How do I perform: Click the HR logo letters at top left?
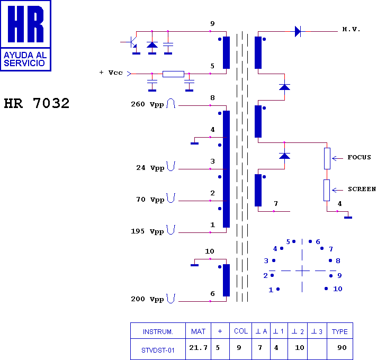pyautogui.click(x=25, y=24)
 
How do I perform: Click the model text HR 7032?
pyautogui.click(x=37, y=103)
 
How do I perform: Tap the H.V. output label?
pyautogui.click(x=351, y=30)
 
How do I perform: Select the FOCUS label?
pyautogui.click(x=359, y=157)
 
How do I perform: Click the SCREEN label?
pyautogui.click(x=362, y=189)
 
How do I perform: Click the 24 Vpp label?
pyautogui.click(x=150, y=168)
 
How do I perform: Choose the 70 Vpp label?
pyautogui.click(x=150, y=200)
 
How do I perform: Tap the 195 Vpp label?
pyautogui.click(x=148, y=231)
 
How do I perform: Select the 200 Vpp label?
pyautogui.click(x=148, y=299)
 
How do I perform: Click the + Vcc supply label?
pyautogui.click(x=111, y=73)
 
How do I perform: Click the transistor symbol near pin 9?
pyautogui.click(x=132, y=42)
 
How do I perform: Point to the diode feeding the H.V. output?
pyautogui.click(x=298, y=31)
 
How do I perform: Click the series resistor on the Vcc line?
pyautogui.click(x=173, y=74)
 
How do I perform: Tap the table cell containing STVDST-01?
pyautogui.click(x=158, y=349)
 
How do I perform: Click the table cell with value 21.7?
pyautogui.click(x=198, y=349)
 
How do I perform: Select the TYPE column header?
pyautogui.click(x=339, y=331)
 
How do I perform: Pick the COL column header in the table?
pyautogui.click(x=240, y=331)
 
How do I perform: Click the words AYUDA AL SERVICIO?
pyautogui.click(x=25, y=59)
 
